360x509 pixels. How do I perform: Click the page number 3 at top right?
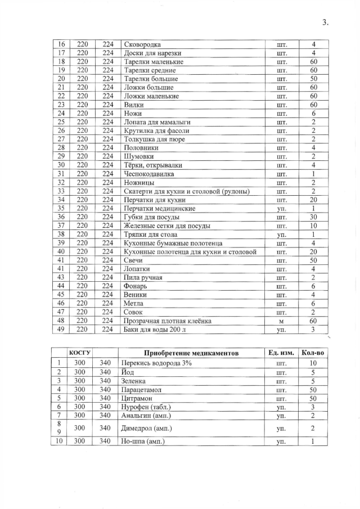[x=325, y=22]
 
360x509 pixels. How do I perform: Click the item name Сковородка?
[x=142, y=44]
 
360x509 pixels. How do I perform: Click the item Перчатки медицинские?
[x=159, y=209]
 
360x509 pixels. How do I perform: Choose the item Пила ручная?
[x=143, y=278]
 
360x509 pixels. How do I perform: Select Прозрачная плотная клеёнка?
[x=167, y=321]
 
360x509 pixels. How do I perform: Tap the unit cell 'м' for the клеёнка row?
[x=282, y=321]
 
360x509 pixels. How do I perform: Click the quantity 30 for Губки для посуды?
[x=314, y=217]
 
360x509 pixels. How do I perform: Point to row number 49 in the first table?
[x=62, y=330]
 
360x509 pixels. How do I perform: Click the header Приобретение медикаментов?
[x=191, y=353]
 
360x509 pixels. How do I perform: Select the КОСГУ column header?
[x=80, y=352]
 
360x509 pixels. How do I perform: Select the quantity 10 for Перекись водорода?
[x=314, y=363]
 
